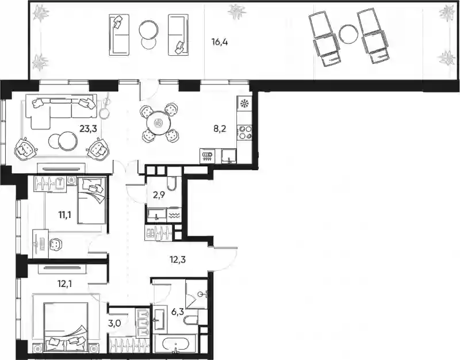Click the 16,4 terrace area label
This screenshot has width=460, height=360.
[x=220, y=42]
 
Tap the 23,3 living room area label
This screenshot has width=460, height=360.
[x=89, y=128]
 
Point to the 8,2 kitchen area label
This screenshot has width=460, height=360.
[x=220, y=129]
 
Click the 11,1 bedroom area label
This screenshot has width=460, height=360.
[x=64, y=216]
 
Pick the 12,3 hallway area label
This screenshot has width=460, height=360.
[x=178, y=259]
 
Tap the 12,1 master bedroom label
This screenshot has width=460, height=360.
[x=64, y=284]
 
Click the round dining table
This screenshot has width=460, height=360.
[x=159, y=122]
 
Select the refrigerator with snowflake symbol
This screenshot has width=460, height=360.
[x=243, y=104]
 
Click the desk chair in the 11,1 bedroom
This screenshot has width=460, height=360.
[x=55, y=244]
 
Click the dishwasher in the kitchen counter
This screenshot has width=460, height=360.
[x=208, y=156]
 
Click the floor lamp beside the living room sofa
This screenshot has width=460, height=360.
[x=105, y=106]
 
